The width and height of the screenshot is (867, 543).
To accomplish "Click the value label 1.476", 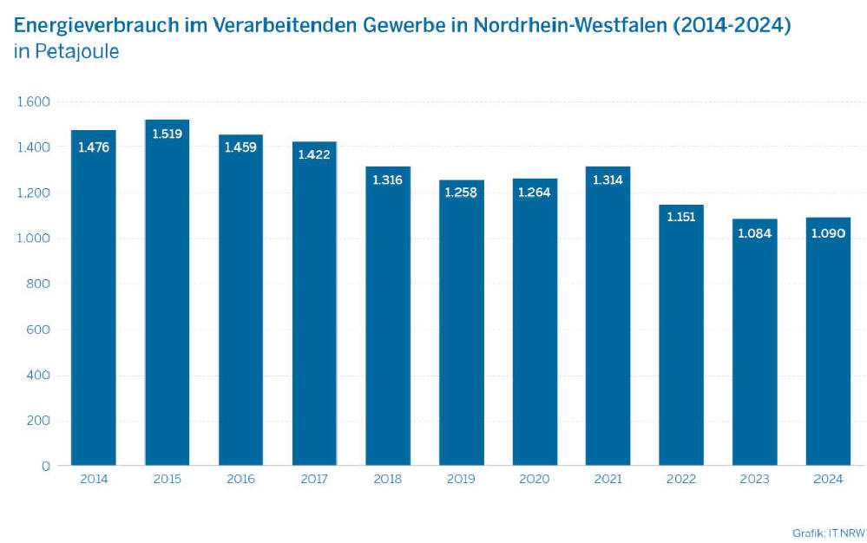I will tap(94, 147).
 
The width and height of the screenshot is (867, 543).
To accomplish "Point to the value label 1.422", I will tap(314, 154).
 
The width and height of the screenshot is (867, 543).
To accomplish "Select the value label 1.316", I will tap(388, 180).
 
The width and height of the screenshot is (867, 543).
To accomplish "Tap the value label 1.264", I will tap(535, 192).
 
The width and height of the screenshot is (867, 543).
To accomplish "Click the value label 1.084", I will tap(755, 232).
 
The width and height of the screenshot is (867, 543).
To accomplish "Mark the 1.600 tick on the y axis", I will tap(34, 102).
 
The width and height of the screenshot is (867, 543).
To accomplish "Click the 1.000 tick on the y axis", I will tap(34, 239).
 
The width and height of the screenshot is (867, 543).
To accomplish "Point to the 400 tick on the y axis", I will tap(40, 375).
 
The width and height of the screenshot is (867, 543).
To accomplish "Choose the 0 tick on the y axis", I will tap(46, 466).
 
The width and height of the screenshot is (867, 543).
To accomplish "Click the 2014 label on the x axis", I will tap(94, 479).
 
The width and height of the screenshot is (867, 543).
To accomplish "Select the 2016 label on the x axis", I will tap(240, 479).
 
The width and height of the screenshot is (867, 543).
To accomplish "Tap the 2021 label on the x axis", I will tap(608, 479).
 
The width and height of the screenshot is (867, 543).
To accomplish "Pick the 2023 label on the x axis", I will tap(755, 479).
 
